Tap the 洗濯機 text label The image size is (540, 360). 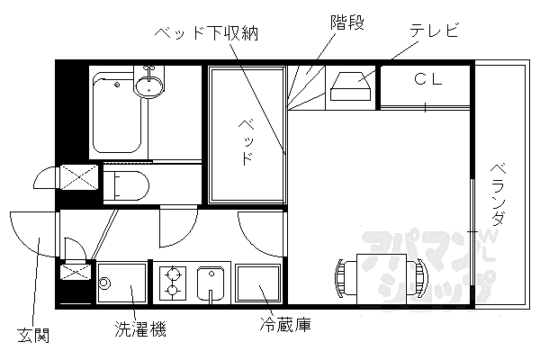(139, 328)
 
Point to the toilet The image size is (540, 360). (127, 185)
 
